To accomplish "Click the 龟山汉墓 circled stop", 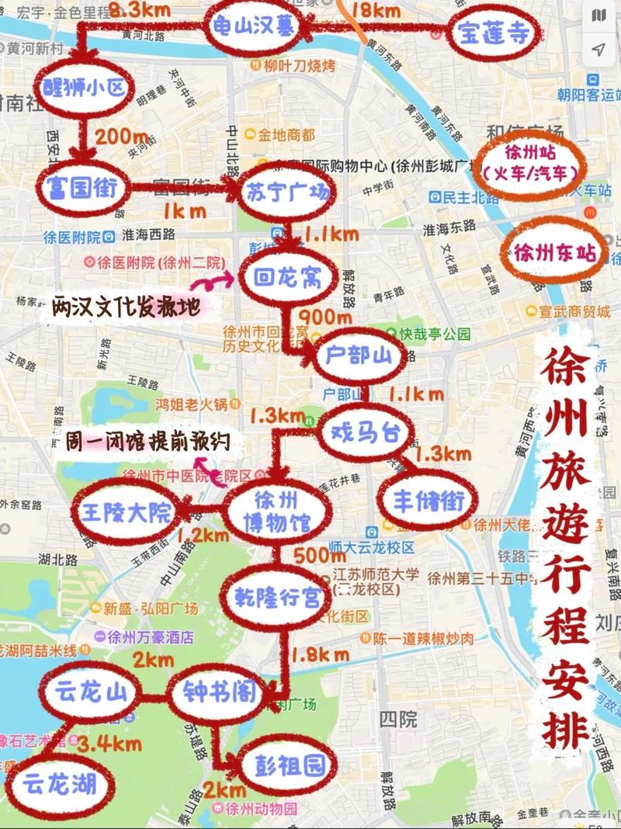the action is [x=254, y=27].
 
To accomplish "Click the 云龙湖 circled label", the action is [x=60, y=785].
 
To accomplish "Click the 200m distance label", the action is [x=122, y=137].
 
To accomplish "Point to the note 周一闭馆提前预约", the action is [x=147, y=441].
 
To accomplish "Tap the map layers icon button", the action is [x=598, y=16].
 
